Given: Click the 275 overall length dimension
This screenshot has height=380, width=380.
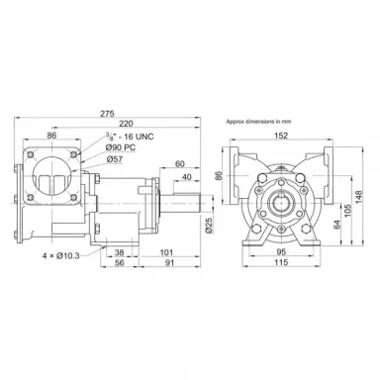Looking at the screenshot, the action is click(x=107, y=114).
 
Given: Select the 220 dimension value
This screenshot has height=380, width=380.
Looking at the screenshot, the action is click(x=126, y=124).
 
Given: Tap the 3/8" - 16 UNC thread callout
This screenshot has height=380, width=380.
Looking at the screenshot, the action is click(x=130, y=137).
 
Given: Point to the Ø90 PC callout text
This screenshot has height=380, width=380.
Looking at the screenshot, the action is click(x=121, y=147).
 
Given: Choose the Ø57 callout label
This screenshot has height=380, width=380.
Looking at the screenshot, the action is click(x=115, y=159).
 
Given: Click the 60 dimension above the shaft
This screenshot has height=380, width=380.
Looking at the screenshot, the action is click(x=180, y=164).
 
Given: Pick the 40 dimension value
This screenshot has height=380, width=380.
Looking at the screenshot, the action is click(x=187, y=177).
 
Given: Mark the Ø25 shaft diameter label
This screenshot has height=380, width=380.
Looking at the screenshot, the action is click(x=208, y=226).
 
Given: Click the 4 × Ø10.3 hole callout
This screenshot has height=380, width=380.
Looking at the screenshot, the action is click(x=61, y=255).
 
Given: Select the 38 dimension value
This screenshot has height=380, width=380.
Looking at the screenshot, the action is click(x=120, y=252).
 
